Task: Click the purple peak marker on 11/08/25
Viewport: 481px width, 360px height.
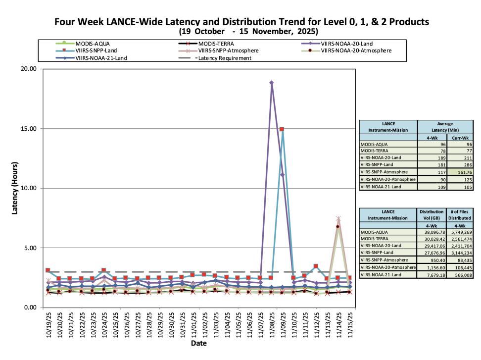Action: (x=272, y=83)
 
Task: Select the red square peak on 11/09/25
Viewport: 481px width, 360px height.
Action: (x=282, y=129)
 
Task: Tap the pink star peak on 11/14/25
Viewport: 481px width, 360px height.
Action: (x=338, y=218)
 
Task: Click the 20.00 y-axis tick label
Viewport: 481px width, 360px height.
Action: (x=29, y=69)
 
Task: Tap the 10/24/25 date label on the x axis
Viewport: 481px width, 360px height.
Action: (x=104, y=325)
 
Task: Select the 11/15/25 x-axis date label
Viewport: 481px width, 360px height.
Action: (x=350, y=325)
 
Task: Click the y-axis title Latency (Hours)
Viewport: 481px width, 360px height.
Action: (x=15, y=188)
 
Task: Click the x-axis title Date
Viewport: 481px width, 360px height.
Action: (x=199, y=343)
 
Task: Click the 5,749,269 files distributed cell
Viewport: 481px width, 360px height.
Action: (x=460, y=232)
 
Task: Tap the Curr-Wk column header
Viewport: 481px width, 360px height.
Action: (x=460, y=138)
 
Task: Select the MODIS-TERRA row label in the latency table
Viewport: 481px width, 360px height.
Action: (x=374, y=151)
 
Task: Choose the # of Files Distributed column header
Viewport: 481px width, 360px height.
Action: (x=460, y=215)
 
